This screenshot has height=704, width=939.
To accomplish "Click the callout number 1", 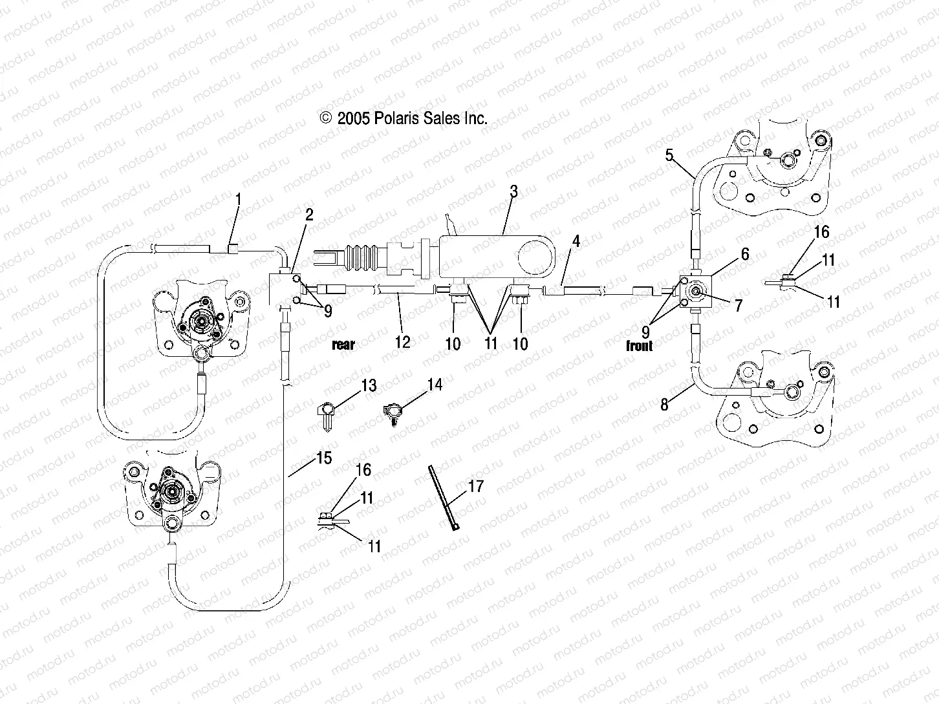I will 238,200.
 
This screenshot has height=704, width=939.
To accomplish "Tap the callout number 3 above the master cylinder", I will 513,192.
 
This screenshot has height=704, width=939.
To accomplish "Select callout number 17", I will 475,486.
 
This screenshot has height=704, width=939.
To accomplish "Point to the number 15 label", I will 323,458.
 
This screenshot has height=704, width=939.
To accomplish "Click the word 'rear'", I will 343,345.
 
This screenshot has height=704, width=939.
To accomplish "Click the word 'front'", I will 639,346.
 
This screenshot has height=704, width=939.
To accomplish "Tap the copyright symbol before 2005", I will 326,118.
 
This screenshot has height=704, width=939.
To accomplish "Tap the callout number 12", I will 402,341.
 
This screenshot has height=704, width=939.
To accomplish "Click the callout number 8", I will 664,405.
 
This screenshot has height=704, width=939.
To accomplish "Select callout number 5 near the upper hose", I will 669,155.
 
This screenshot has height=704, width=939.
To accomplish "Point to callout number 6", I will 746,254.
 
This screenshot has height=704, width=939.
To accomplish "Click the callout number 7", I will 739,304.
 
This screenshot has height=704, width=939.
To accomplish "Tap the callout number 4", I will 576,242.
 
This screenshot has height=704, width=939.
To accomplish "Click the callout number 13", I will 368,386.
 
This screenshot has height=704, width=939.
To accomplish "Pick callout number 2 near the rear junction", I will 309,215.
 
